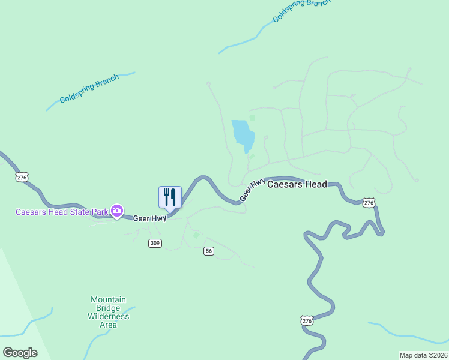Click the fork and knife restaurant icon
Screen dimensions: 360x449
tap(170, 197)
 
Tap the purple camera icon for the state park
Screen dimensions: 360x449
tap(117, 211)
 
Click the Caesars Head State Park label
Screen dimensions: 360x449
tap(62, 211)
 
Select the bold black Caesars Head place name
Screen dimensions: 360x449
tap(297, 184)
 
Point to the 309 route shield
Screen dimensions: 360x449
tap(155, 243)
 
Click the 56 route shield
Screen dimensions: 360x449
tap(209, 251)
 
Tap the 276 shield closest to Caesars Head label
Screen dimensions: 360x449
tap(369, 203)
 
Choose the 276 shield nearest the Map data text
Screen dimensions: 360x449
tap(307, 322)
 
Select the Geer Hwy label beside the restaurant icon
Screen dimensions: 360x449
tap(149, 218)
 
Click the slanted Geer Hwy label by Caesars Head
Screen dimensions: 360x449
tap(252, 190)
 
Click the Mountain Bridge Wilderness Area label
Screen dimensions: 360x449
tap(108, 312)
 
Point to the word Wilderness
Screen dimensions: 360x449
tap(108, 316)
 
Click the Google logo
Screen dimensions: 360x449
tap(20, 352)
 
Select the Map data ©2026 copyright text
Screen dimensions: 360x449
tap(423, 355)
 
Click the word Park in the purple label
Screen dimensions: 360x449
tap(99, 211)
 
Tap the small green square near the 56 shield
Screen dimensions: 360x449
tap(196, 236)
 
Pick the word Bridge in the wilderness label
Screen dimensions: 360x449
tap(108, 308)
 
